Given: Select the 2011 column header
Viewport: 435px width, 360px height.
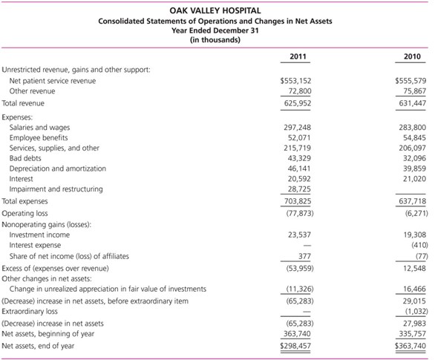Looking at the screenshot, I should (x=297, y=56).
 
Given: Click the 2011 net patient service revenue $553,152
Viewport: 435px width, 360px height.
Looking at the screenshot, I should (x=295, y=80).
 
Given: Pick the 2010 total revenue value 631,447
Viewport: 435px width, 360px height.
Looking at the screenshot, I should (x=411, y=104).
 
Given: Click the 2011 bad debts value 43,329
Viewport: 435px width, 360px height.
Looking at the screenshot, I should (x=298, y=159).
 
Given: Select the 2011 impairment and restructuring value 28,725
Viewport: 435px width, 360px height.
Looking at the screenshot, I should (x=298, y=189).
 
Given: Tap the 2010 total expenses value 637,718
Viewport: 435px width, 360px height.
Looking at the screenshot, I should (x=411, y=201).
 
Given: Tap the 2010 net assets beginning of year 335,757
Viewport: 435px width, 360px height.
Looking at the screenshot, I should (x=411, y=334).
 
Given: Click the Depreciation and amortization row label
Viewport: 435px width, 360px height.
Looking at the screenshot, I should (x=57, y=168).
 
